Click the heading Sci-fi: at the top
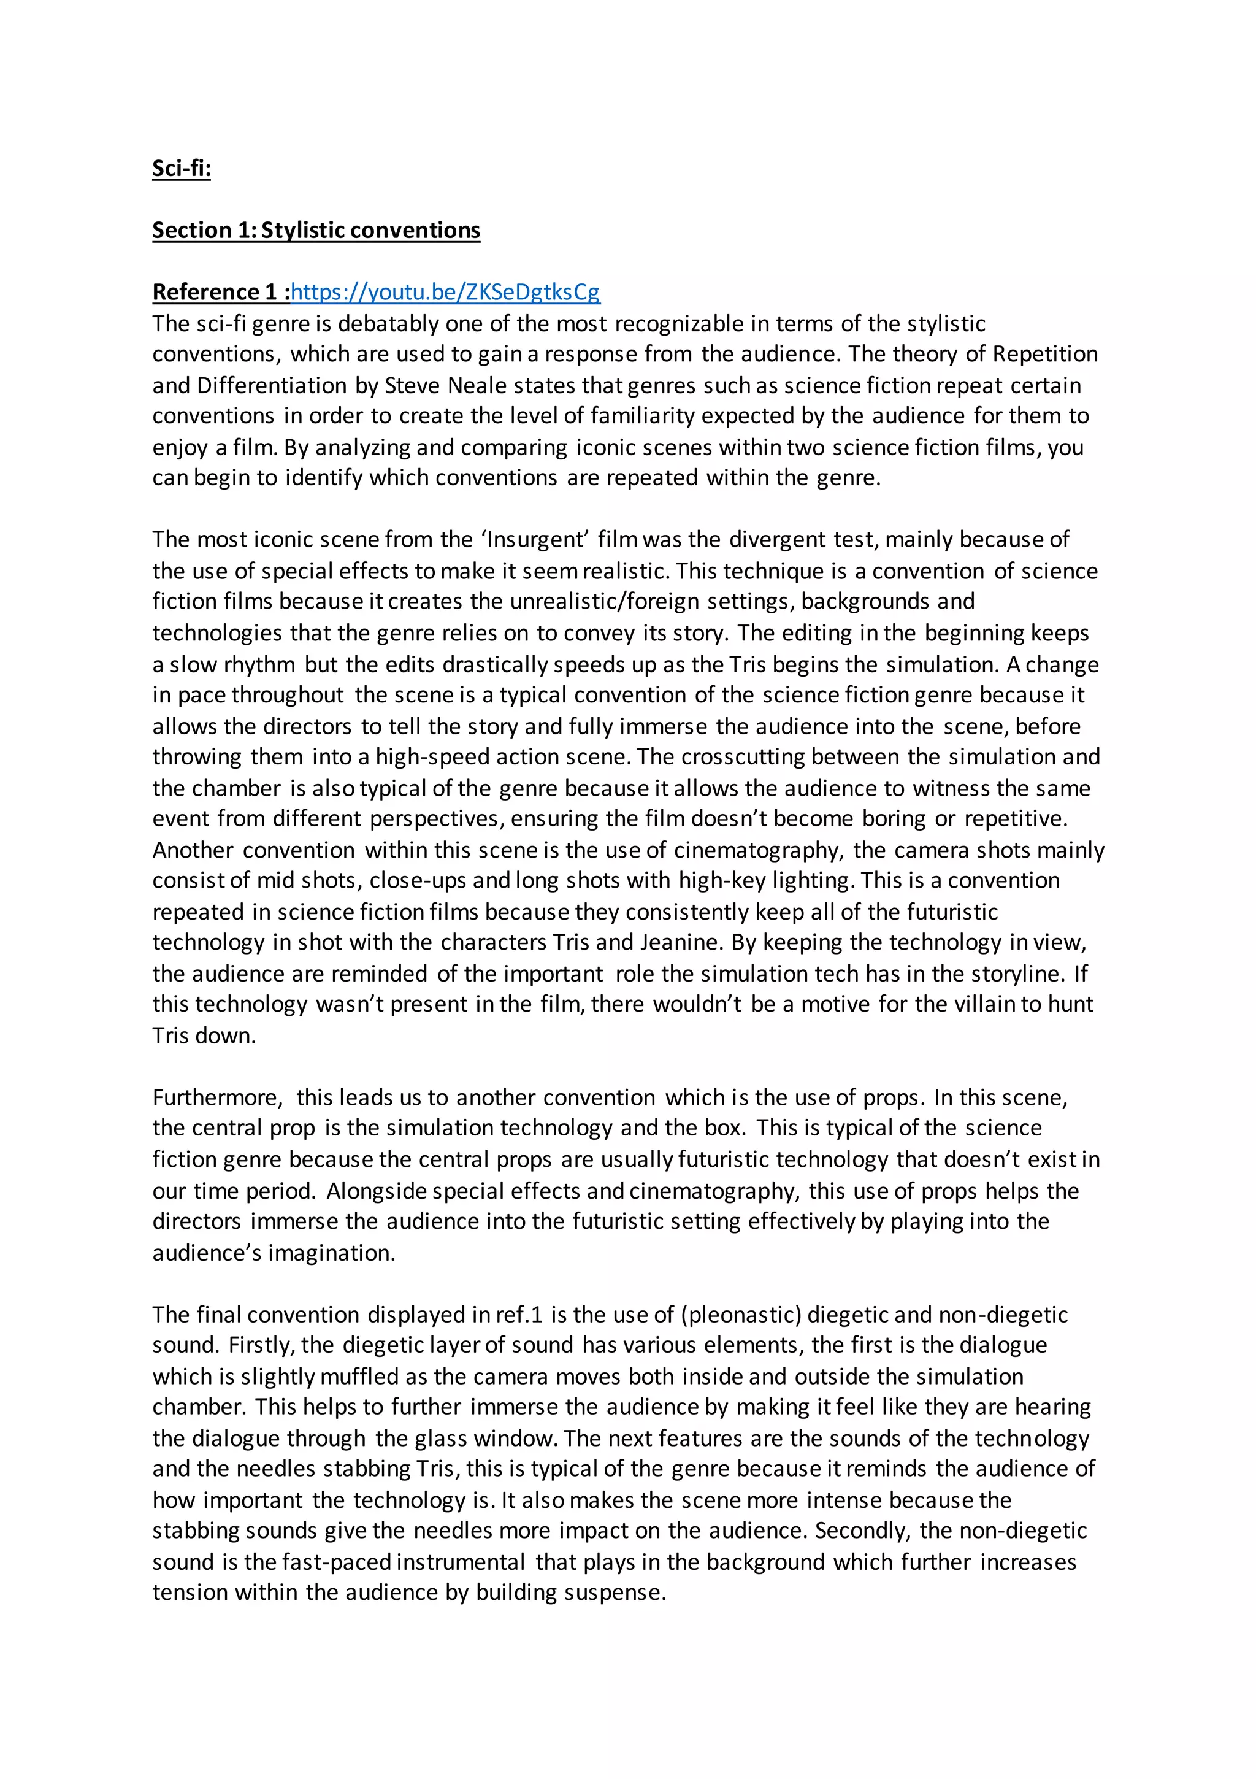(182, 168)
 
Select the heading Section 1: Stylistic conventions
(315, 230)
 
